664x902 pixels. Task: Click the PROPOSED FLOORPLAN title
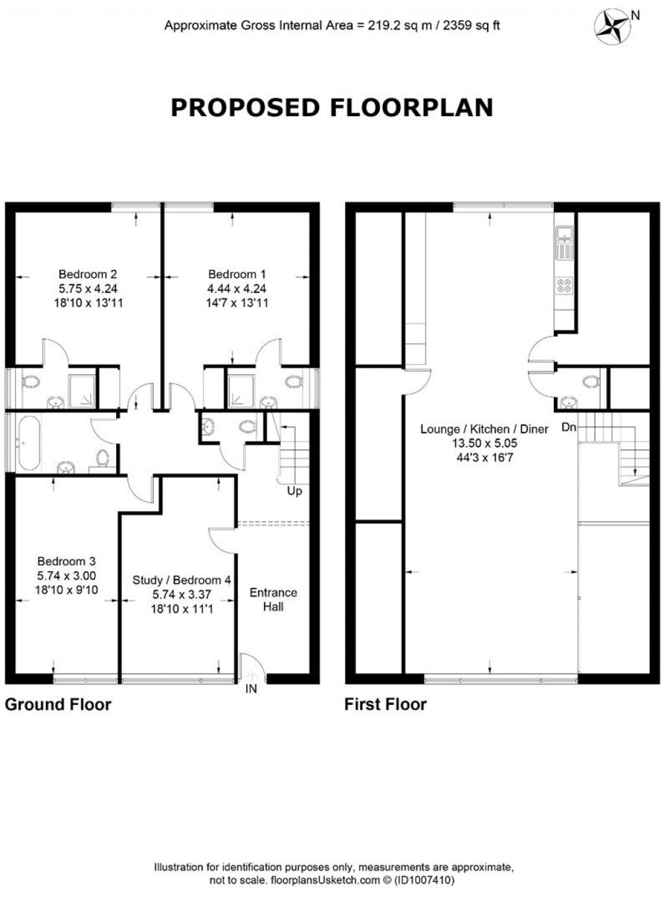point(331,108)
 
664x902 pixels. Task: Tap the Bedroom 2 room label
point(88,274)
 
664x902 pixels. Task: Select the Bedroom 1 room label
point(237,274)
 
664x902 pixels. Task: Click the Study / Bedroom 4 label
point(182,580)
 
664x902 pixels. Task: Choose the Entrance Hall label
point(273,600)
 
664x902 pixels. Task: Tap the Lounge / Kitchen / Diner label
point(484,429)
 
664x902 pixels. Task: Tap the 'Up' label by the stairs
point(294,492)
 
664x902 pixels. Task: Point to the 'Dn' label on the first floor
point(569,427)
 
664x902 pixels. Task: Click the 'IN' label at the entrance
point(251,689)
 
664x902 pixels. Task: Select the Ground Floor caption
point(58,705)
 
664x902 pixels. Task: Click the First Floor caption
point(385,705)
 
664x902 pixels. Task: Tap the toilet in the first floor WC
point(590,381)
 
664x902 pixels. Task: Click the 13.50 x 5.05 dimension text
point(484,444)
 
